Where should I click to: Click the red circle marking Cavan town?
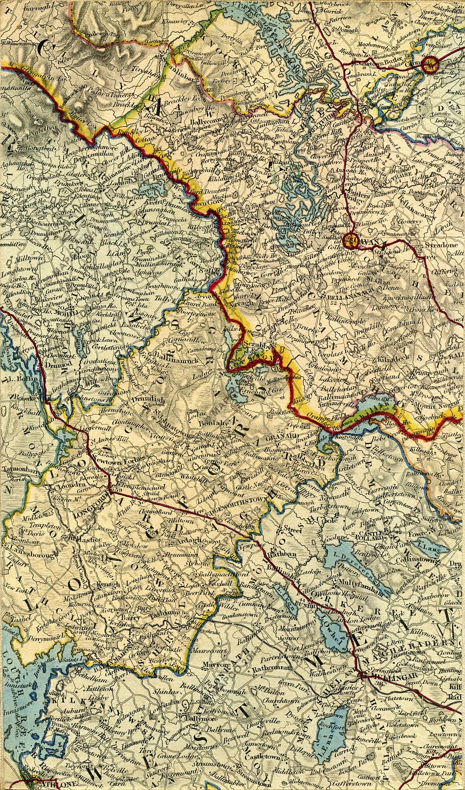pyautogui.click(x=350, y=240)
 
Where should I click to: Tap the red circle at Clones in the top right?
pyautogui.click(x=430, y=64)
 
